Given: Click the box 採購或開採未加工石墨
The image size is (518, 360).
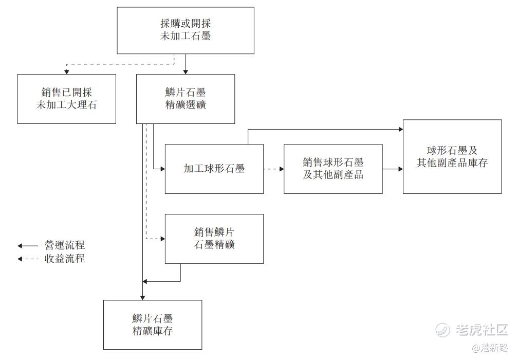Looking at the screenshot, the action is pos(186,30).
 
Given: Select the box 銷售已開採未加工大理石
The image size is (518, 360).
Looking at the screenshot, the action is pos(66,99).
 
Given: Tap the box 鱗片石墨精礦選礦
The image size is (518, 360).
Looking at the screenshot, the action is pos(186,99).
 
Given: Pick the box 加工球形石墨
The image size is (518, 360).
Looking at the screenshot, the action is pos(214,169).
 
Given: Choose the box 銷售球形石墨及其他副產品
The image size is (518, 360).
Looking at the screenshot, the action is pos(333,169).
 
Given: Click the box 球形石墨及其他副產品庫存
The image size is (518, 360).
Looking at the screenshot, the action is pos(452,157).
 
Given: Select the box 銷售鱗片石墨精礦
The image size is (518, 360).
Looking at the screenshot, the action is pos(214,239).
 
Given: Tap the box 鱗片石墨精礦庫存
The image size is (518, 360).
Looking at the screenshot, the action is pos(153,325).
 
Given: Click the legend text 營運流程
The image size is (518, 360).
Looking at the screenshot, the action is pos(65,245).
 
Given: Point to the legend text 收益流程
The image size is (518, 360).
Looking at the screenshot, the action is pos(65,259).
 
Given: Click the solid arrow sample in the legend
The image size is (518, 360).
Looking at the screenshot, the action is pos(28,246).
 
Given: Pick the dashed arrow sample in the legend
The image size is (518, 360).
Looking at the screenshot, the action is pos(28,259).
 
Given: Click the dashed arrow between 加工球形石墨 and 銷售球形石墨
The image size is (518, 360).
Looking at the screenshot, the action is pos(274,169).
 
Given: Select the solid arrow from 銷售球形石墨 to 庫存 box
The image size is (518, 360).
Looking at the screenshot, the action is pos(393,169).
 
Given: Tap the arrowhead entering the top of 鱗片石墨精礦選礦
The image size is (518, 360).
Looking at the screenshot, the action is pos(186,71).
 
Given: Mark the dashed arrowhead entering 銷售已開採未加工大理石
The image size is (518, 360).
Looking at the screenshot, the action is pos(66,71).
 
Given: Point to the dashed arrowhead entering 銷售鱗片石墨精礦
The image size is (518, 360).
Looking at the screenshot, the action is pos(162,239).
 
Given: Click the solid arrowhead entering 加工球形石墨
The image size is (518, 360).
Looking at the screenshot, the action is pos(162,169).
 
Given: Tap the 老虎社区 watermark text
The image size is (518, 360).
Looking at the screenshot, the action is pos(482,330).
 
